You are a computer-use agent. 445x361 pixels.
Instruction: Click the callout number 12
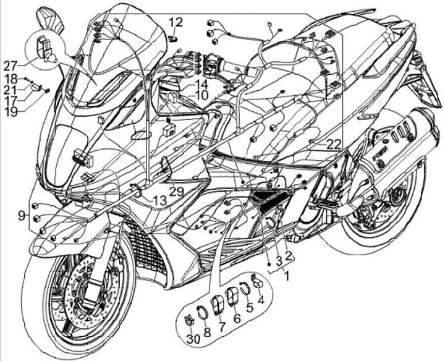click(x=176, y=22)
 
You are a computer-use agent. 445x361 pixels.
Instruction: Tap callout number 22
click(x=334, y=144)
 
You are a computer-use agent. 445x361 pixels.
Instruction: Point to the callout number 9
click(x=22, y=215)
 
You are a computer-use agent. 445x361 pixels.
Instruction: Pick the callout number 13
click(x=159, y=201)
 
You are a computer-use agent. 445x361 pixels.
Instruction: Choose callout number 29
click(x=177, y=192)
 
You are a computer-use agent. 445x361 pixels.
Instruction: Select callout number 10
click(x=203, y=96)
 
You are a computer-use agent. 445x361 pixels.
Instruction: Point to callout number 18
click(x=11, y=79)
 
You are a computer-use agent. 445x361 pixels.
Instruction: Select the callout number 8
click(x=207, y=332)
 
